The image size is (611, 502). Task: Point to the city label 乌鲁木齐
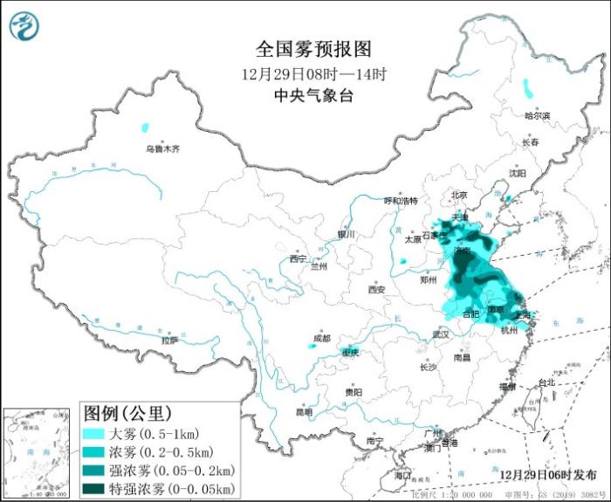coord(161,149)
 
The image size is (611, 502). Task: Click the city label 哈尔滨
coord(537,115)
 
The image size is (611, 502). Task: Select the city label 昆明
coord(303,411)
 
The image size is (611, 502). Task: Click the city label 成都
coord(321,337)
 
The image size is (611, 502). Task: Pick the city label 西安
coord(376,289)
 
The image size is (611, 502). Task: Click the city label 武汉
coord(440,334)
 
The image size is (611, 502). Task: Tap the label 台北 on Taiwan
coord(545,382)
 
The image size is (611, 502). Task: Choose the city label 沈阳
coord(518,173)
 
